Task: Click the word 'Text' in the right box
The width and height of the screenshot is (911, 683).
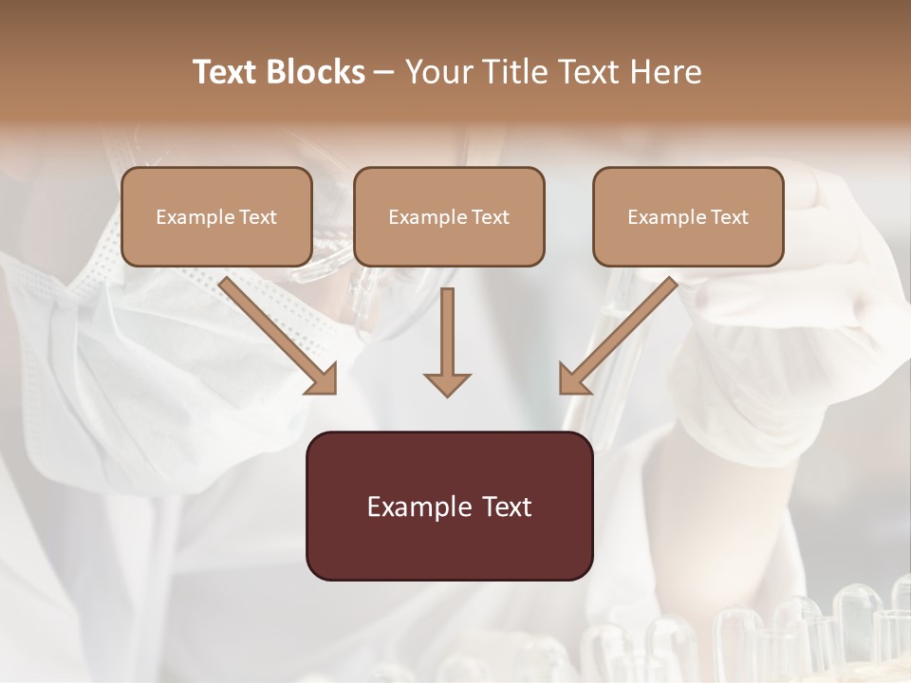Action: point(729,217)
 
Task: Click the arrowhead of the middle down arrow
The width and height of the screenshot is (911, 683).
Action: point(447,384)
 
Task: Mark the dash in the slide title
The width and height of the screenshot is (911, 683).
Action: point(384,73)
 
